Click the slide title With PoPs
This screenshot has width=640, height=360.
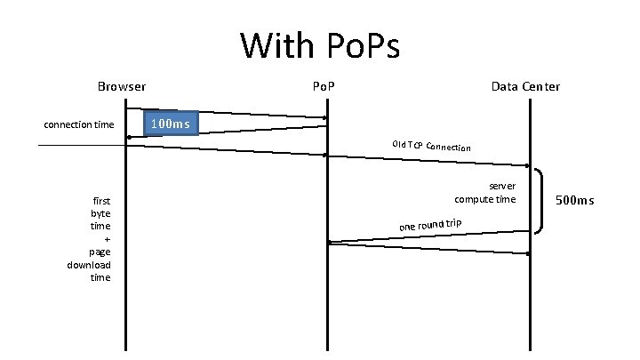point(320,44)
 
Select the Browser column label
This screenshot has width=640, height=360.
point(122,87)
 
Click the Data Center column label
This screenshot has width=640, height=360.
point(525,87)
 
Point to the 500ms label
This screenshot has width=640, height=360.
point(574,201)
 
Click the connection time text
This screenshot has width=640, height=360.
point(79,124)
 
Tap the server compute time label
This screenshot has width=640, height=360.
point(484,193)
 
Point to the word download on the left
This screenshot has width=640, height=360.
point(89,265)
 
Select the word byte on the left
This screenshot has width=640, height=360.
point(100,214)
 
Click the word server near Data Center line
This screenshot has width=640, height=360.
point(502,187)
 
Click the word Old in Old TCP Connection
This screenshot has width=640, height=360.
point(398,143)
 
